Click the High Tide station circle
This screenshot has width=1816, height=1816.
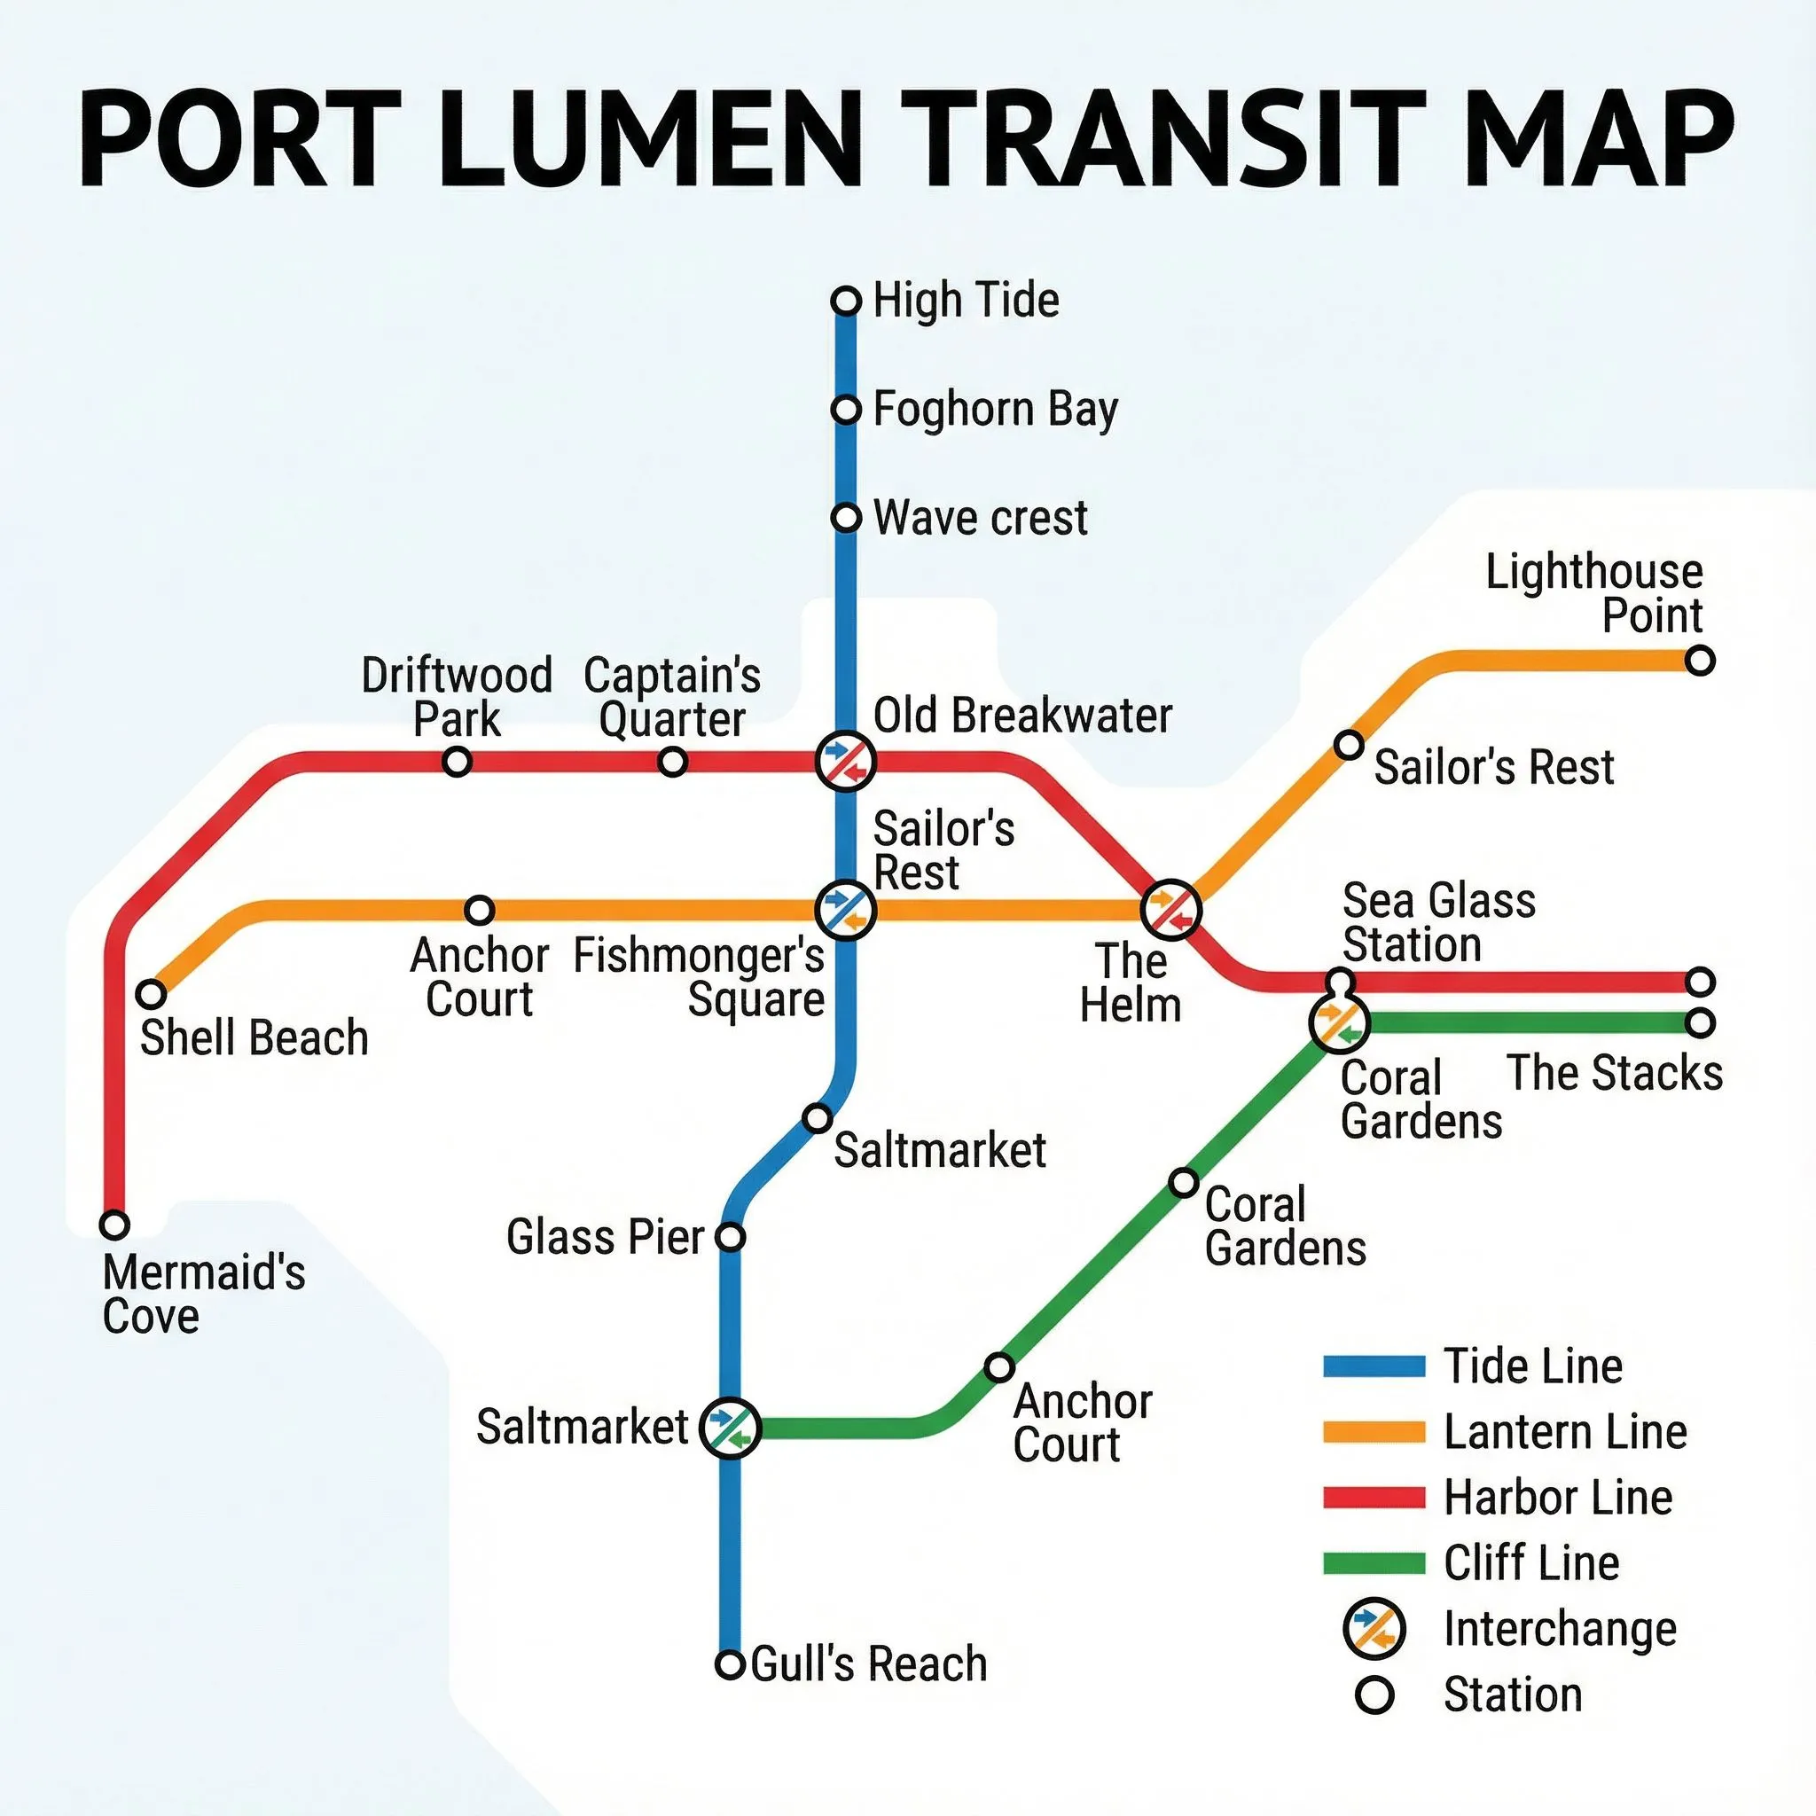click(846, 301)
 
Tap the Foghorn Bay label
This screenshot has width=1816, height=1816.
click(996, 410)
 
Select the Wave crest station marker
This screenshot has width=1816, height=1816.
click(846, 518)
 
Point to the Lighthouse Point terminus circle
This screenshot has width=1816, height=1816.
click(1700, 661)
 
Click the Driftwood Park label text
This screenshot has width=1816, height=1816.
click(457, 696)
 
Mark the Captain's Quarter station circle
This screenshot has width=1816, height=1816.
click(672, 762)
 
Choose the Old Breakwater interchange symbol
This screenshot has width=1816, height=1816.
click(846, 761)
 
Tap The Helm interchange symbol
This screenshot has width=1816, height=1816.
click(1170, 909)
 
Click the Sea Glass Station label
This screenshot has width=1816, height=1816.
click(1438, 922)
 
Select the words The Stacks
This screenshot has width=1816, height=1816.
click(1614, 1073)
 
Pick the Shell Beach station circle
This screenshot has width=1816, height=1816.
click(152, 992)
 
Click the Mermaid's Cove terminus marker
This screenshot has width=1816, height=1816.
click(114, 1225)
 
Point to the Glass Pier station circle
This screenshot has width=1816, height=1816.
click(731, 1237)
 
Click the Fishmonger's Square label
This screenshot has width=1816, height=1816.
click(700, 977)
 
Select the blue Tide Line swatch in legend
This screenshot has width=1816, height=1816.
click(1374, 1366)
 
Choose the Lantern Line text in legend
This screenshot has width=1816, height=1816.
click(1565, 1431)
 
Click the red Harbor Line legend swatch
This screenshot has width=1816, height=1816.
click(1374, 1498)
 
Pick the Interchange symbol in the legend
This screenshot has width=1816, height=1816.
click(1374, 1628)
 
